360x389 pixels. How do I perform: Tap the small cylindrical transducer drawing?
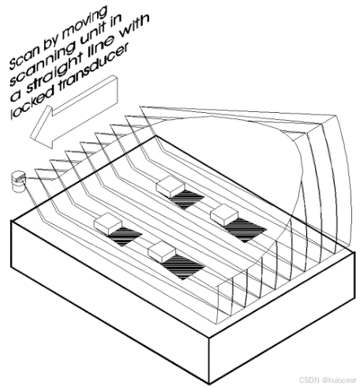point(18,181)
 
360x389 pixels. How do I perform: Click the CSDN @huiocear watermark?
point(327,380)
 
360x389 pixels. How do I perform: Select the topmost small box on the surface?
point(170,187)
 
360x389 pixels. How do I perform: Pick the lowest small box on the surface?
point(162,251)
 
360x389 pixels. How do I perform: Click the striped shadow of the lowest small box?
point(183,267)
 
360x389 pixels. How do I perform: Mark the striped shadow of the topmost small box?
point(186,199)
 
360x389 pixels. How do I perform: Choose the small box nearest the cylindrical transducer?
point(108,223)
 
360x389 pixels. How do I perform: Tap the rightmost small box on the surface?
point(224,215)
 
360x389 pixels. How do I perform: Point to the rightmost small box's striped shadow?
point(246,230)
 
